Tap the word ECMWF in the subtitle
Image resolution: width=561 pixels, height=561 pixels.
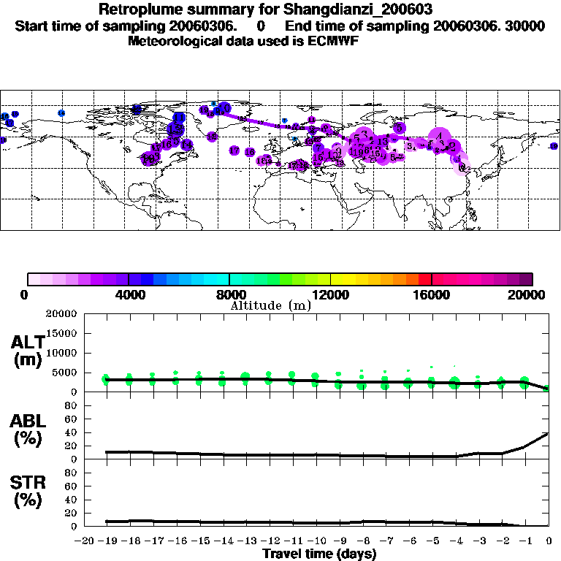tap(335, 41)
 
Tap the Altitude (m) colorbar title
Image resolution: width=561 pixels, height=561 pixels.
tap(270, 305)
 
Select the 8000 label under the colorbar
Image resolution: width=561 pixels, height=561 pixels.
tap(229, 294)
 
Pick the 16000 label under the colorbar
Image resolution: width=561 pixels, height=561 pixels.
tap(432, 294)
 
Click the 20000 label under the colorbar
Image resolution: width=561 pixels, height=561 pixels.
tap(530, 294)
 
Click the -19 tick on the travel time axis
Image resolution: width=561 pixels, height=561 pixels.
tap(106, 541)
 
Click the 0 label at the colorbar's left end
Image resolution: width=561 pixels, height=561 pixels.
tap(25, 294)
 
